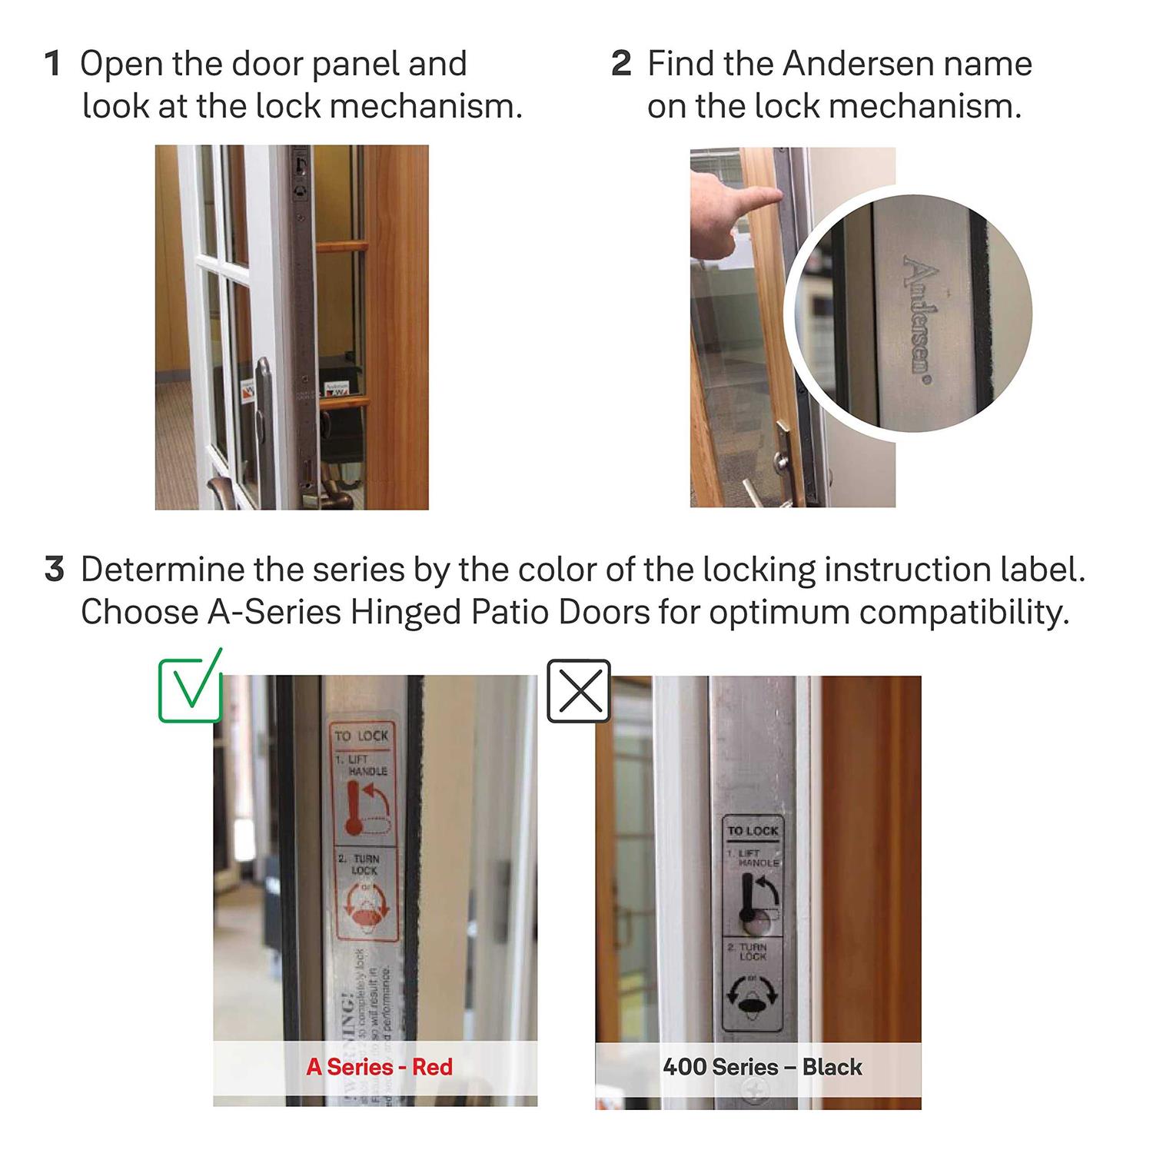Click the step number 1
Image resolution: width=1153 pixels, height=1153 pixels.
pyautogui.click(x=52, y=64)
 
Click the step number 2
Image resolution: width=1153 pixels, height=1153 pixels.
pyautogui.click(x=621, y=64)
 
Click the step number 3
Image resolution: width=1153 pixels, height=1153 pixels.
pyautogui.click(x=54, y=570)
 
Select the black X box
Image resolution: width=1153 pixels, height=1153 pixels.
pyautogui.click(x=579, y=691)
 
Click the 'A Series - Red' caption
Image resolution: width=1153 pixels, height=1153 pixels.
pyautogui.click(x=379, y=1067)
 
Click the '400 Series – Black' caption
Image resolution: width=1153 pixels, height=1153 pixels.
pyautogui.click(x=762, y=1067)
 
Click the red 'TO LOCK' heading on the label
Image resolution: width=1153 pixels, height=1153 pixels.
pyautogui.click(x=361, y=736)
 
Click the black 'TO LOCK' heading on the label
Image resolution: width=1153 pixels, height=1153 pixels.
pyautogui.click(x=753, y=830)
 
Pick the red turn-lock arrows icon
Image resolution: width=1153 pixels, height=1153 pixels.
pyautogui.click(x=367, y=909)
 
